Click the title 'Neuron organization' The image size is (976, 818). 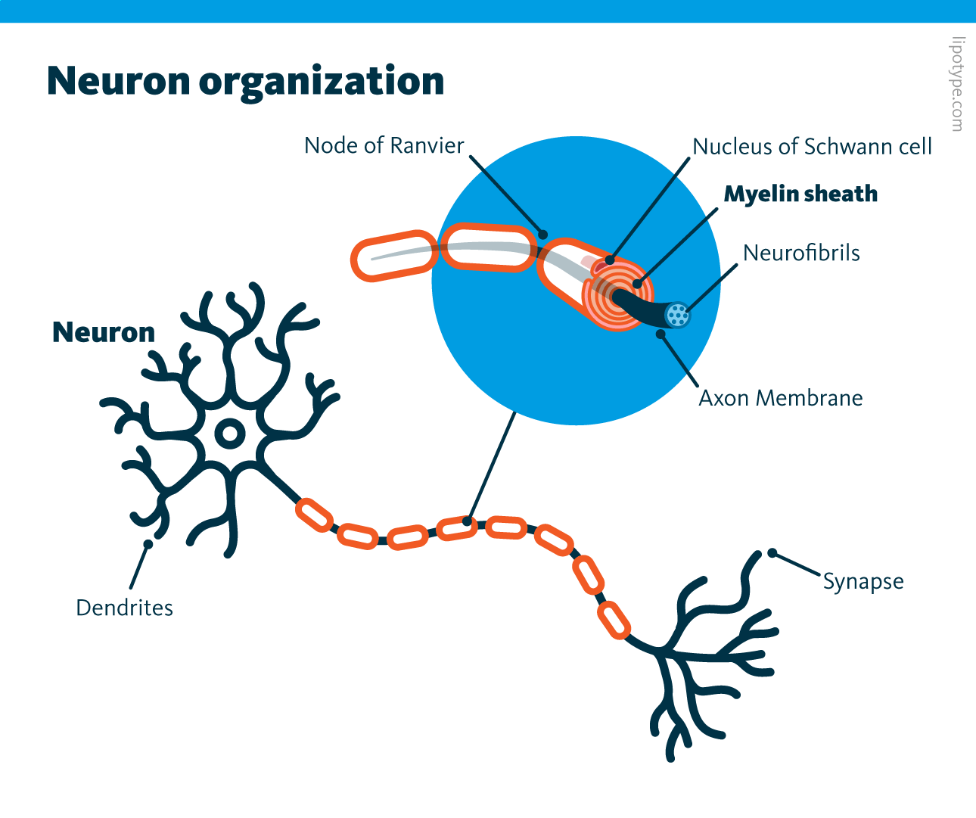click(x=245, y=81)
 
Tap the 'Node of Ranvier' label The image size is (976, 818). click(x=384, y=145)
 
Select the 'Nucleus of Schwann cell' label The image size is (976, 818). click(x=812, y=147)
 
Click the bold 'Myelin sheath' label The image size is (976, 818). click(x=800, y=194)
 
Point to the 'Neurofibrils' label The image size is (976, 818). click(x=801, y=253)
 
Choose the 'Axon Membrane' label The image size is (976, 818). click(x=780, y=398)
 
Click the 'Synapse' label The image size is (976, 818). click(x=863, y=582)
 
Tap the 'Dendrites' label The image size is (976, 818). click(x=125, y=608)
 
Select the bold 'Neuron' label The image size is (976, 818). click(x=104, y=333)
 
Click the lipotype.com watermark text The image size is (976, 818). click(x=958, y=84)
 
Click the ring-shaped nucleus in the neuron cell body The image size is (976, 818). click(x=229, y=434)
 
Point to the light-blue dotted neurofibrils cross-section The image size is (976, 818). click(x=678, y=313)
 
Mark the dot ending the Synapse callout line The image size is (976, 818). click(x=772, y=553)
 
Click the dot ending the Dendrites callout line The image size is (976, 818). click(x=148, y=544)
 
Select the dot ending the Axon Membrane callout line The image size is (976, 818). click(x=661, y=334)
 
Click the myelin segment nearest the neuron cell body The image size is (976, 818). click(x=314, y=515)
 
